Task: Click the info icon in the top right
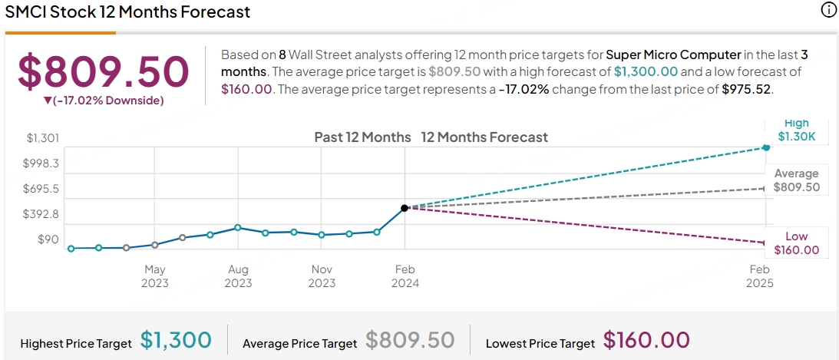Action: [x=828, y=10]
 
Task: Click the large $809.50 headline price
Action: [x=103, y=71]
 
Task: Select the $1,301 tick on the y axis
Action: [x=43, y=138]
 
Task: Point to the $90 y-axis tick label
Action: [x=48, y=239]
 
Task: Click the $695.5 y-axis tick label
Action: [x=43, y=189]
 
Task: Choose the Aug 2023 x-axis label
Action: [x=238, y=276]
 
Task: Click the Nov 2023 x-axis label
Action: [x=322, y=276]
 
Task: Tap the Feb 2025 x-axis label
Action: [x=759, y=276]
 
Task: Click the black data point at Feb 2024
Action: [x=405, y=208]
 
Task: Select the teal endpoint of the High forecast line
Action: [x=765, y=147]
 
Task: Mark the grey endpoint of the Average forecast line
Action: [x=765, y=188]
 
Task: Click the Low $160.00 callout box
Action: [x=797, y=243]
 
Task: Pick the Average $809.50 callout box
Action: [x=797, y=180]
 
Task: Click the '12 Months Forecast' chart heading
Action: [x=484, y=137]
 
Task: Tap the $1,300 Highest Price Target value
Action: [x=176, y=339]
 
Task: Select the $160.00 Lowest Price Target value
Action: [x=646, y=339]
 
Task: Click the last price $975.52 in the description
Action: [x=747, y=88]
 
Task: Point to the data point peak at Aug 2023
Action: [x=238, y=227]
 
